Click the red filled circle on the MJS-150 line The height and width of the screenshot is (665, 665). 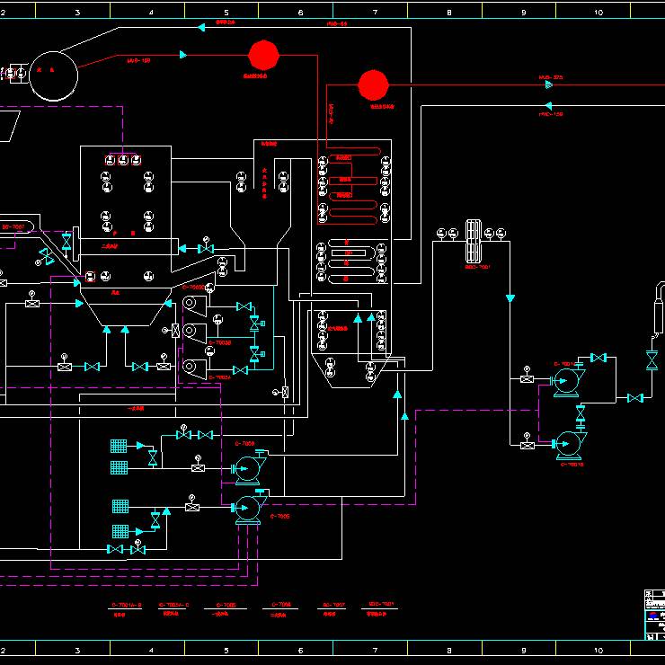click(263, 55)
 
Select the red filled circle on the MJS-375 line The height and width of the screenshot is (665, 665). click(373, 84)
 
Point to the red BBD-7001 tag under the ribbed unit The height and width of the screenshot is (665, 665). click(476, 267)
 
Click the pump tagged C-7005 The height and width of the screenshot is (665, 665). click(246, 508)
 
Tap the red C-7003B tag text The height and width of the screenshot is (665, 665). click(220, 342)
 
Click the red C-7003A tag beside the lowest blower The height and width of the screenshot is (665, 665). click(220, 377)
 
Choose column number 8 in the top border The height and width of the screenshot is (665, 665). click(448, 12)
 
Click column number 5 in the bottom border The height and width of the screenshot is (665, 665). click(226, 649)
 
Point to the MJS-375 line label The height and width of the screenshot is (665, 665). click(550, 77)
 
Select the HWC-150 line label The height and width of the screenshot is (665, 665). click(550, 114)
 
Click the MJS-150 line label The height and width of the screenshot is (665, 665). click(138, 60)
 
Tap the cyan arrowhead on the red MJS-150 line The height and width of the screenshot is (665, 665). click(184, 55)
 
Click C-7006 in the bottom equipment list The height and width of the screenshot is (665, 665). click(281, 605)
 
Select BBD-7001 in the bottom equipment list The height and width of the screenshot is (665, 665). click(382, 604)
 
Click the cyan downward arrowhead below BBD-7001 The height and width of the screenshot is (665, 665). click(510, 297)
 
